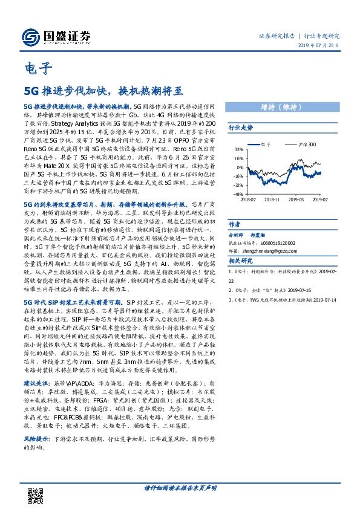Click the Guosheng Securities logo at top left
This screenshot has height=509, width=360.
[58, 34]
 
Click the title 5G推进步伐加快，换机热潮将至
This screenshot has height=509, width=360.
[103, 91]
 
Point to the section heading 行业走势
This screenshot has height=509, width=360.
[240, 128]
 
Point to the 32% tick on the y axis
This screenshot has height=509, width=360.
[240, 150]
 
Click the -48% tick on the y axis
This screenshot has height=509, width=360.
[239, 194]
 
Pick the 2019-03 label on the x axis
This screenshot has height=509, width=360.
[296, 199]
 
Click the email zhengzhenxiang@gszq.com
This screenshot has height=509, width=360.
[279, 250]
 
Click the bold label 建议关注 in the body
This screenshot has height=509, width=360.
[37, 383]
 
